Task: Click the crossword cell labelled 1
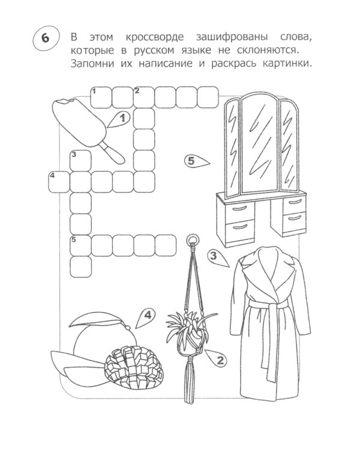(101, 95)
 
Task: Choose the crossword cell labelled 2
(143, 95)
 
